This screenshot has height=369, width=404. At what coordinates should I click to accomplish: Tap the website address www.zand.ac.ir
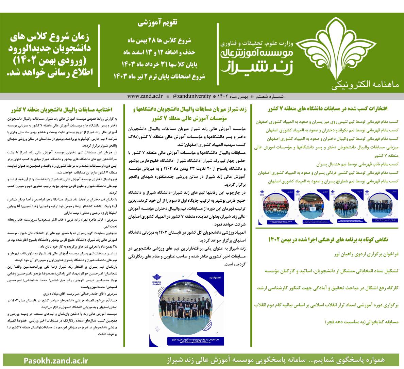[x=145, y=96]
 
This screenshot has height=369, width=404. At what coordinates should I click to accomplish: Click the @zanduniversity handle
[x=192, y=96]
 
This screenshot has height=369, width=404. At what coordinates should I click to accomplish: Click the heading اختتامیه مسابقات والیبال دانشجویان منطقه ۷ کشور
[x=64, y=110]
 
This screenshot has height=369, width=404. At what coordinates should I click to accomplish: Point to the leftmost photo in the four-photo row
[x=275, y=207]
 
